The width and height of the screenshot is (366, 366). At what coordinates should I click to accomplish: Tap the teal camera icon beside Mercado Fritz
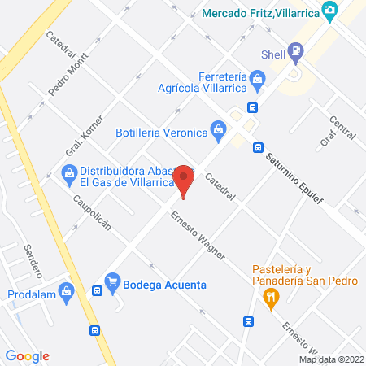click(329, 11)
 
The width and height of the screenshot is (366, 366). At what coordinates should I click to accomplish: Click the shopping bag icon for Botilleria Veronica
click(217, 128)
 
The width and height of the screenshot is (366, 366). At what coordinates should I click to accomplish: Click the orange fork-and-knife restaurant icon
click(271, 298)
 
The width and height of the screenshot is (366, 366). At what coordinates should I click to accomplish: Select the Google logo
click(27, 355)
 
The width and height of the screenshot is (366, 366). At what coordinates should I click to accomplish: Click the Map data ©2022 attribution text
click(331, 359)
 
